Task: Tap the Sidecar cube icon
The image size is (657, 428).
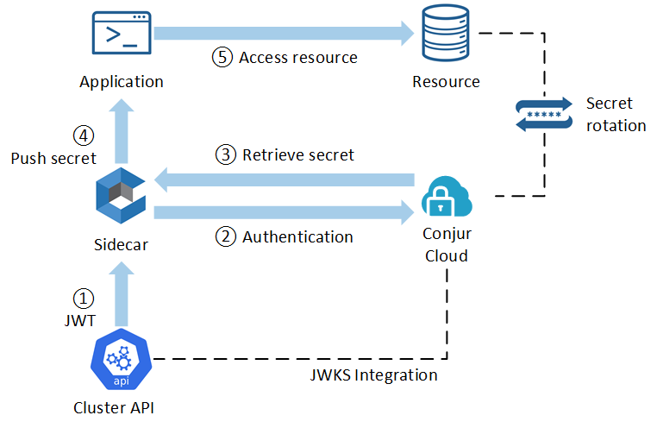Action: [122, 197]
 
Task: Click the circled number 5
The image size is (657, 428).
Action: [222, 58]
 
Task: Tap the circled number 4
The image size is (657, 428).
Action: [83, 135]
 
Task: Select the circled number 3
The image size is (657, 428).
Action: [225, 155]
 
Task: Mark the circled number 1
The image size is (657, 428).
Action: [83, 298]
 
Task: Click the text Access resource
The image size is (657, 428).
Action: [297, 58]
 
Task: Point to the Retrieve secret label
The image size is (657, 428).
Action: [298, 155]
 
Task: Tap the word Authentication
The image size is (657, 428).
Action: [297, 237]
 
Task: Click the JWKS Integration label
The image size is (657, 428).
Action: [373, 375]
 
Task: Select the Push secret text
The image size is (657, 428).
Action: [53, 159]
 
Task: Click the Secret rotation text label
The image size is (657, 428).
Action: [616, 115]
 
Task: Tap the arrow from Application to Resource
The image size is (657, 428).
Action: [285, 34]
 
